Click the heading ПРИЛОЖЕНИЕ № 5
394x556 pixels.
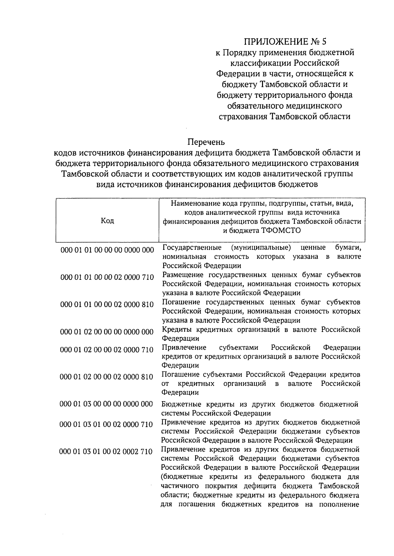[285, 42]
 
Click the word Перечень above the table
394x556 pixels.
[206, 142]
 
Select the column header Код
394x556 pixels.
[107, 220]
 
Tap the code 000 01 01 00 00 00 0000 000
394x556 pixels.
[107, 250]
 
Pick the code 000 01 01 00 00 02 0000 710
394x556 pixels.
[107, 277]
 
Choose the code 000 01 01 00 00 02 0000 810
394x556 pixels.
[107, 304]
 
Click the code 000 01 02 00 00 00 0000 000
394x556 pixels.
[107, 332]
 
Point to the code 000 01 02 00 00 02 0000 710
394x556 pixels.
[107, 350]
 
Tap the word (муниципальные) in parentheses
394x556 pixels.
[261, 247]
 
